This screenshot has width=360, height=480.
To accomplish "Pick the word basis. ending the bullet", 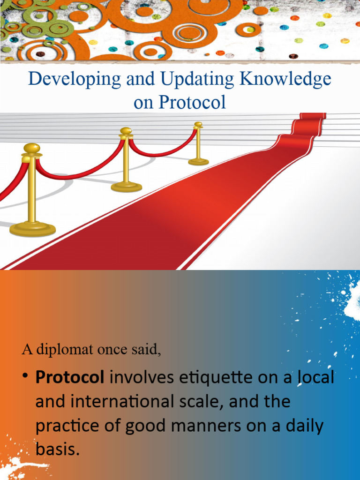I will (55, 450).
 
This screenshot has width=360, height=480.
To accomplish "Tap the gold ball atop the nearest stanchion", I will (31, 148).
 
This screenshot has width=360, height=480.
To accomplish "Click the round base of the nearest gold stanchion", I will (32, 229).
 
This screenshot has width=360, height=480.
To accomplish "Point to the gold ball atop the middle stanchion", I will (126, 131).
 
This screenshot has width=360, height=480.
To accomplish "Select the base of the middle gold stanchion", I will (126, 187).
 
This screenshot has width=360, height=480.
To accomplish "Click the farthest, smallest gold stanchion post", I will (198, 143).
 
